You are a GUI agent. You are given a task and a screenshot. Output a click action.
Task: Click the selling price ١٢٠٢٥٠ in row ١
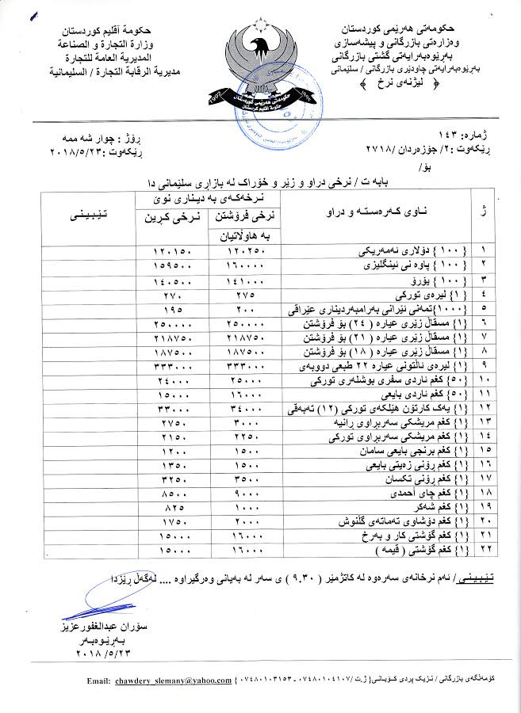click(x=243, y=251)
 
